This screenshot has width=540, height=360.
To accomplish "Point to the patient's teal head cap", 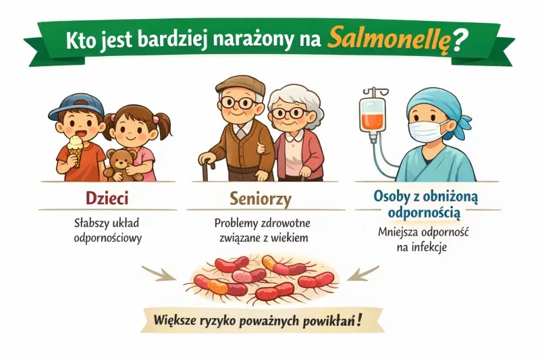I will (439, 103).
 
